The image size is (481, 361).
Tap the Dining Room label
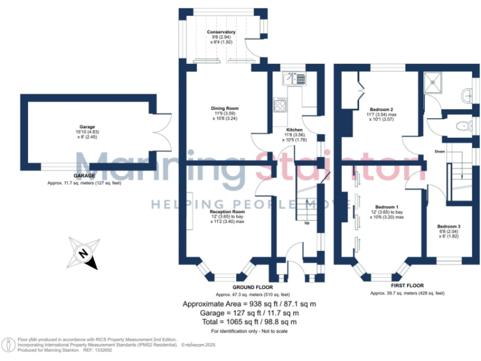(x=224, y=108)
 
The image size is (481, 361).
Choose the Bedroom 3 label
(x=448, y=226)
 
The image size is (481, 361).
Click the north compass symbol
(x=83, y=253)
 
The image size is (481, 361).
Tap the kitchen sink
(x=292, y=78)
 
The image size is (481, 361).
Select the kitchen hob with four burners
(x=279, y=104)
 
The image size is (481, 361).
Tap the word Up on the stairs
(x=307, y=223)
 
